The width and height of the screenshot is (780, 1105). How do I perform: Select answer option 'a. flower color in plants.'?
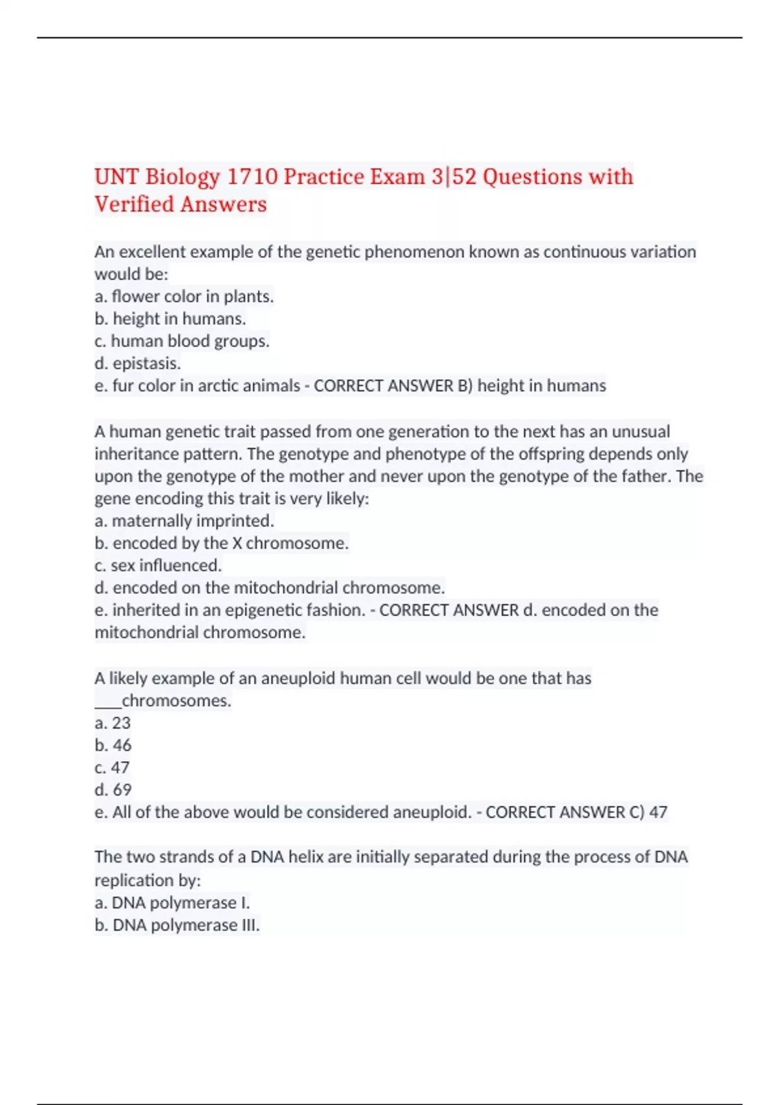pos(184,296)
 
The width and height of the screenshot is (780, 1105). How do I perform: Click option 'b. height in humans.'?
pos(170,318)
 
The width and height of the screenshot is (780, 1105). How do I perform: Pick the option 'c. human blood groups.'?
pos(182,341)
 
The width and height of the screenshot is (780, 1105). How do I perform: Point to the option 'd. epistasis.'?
pos(138,363)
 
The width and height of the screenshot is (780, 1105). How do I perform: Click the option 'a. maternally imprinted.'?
pos(184,521)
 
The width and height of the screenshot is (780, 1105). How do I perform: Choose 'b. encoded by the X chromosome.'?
pos(222,543)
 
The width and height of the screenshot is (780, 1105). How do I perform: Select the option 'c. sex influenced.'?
pos(158,565)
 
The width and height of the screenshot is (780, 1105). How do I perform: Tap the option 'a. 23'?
pos(112,723)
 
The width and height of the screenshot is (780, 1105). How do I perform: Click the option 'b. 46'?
pos(113,745)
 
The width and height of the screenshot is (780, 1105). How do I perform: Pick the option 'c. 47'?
pos(112,768)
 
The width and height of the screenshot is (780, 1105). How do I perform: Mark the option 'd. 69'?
pos(113,790)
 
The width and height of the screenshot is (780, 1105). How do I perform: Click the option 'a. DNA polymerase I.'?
pos(172,903)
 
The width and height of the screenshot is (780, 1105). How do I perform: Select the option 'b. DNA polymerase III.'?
pos(177,925)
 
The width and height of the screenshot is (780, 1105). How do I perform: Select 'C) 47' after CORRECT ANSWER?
pos(648,812)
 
